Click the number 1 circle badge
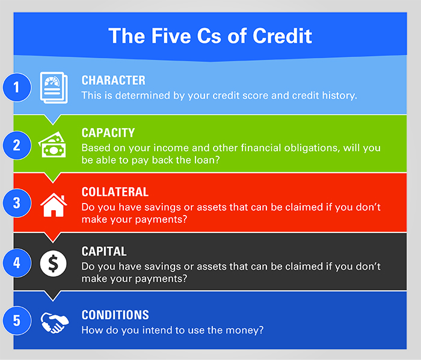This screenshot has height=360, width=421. pyautogui.click(x=17, y=87)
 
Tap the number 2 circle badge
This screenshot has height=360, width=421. pyautogui.click(x=17, y=145)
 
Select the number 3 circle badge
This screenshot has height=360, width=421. pyautogui.click(x=17, y=203)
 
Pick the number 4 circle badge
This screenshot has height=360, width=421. pyautogui.click(x=17, y=262)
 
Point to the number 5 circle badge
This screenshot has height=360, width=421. pyautogui.click(x=17, y=320)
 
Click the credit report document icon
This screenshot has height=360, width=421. pyautogui.click(x=54, y=87)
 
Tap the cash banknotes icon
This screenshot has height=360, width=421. pyautogui.click(x=52, y=144)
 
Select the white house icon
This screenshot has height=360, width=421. pyautogui.click(x=54, y=205)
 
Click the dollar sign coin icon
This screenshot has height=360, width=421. pyautogui.click(x=53, y=264)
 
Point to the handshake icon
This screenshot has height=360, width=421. pyautogui.click(x=55, y=323)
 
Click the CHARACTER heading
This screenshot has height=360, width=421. pyautogui.click(x=113, y=80)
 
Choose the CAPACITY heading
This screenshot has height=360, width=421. pyautogui.click(x=108, y=132)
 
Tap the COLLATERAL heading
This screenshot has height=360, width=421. pyautogui.click(x=115, y=192)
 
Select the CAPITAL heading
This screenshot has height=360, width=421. pyautogui.click(x=104, y=252)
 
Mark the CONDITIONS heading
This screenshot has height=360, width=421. pyautogui.click(x=115, y=315)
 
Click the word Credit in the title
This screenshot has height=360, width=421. pyautogui.click(x=282, y=36)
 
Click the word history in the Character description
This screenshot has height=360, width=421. pyautogui.click(x=339, y=96)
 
